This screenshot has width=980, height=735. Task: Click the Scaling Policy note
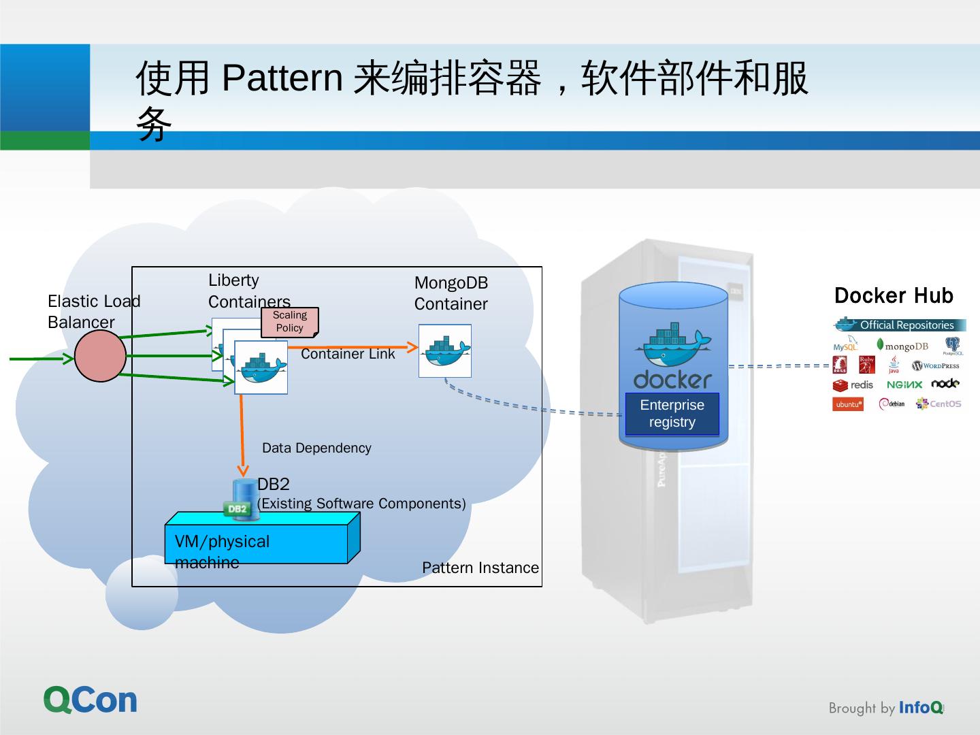[290, 322]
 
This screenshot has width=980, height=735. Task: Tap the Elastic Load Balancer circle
[101, 356]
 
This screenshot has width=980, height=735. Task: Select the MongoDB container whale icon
[445, 351]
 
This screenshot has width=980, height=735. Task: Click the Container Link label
[348, 354]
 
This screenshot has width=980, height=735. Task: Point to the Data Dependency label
[316, 448]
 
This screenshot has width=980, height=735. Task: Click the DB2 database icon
[240, 501]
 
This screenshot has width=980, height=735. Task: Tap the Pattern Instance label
[480, 568]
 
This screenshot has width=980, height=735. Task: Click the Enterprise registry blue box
[672, 414]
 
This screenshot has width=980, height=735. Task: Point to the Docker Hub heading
[894, 295]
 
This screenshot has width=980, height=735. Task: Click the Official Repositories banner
[900, 325]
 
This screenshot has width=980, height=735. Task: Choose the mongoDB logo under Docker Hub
[902, 346]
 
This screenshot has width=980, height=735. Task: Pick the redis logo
[853, 385]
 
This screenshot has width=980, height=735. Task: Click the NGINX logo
[904, 385]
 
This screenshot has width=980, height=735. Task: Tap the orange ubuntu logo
[848, 404]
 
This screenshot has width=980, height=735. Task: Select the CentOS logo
[938, 404]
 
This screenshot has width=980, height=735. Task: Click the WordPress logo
[936, 365]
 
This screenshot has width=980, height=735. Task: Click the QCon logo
[91, 700]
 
